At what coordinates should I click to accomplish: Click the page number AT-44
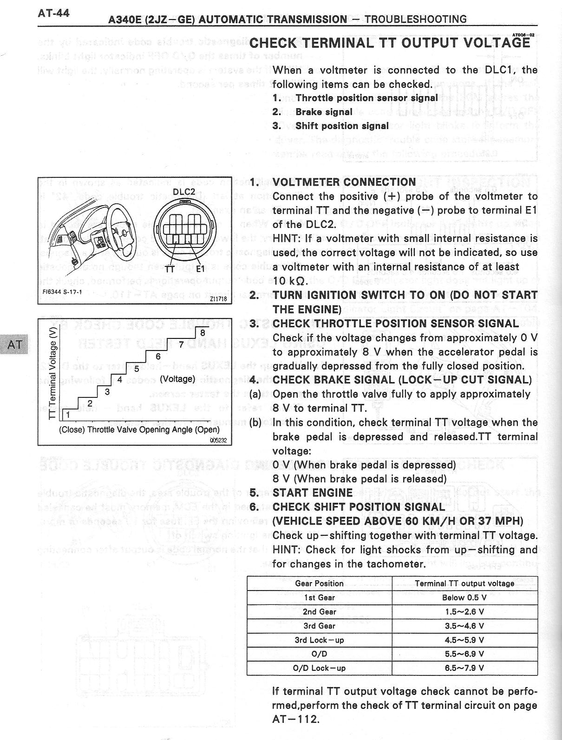54,13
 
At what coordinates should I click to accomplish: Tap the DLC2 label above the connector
184,192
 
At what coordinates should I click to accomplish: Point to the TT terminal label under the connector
170,269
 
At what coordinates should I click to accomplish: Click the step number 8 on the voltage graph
203,333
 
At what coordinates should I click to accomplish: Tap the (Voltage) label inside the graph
177,379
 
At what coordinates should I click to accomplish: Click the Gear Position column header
319,584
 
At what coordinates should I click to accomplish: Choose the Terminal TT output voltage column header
464,584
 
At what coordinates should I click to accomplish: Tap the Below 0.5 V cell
464,597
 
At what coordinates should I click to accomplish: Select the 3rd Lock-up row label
319,640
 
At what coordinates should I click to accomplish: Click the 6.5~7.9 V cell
464,668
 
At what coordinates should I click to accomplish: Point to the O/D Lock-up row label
319,668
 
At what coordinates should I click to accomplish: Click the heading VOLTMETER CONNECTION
344,182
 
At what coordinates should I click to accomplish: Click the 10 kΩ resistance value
288,281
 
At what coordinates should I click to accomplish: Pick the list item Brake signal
324,112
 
